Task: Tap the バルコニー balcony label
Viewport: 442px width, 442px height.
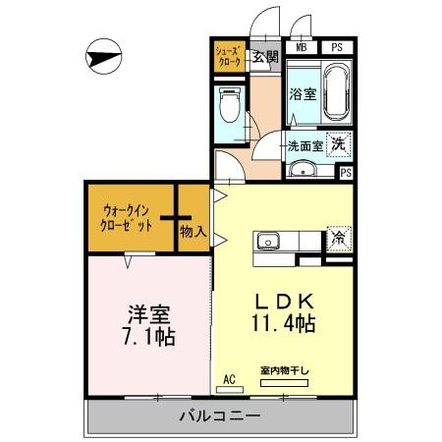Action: pyautogui.click(x=219, y=417)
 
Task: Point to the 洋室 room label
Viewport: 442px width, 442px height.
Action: pyautogui.click(x=150, y=316)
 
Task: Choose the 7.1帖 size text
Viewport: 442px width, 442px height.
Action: pyautogui.click(x=150, y=338)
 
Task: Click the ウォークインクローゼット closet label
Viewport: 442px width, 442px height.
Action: pyautogui.click(x=129, y=217)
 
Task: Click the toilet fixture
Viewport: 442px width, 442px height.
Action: pyautogui.click(x=232, y=105)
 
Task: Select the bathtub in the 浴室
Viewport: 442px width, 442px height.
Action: pyautogui.click(x=337, y=90)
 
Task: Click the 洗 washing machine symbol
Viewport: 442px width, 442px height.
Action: pyautogui.click(x=337, y=143)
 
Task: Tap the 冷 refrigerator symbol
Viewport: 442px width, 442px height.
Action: pyautogui.click(x=337, y=237)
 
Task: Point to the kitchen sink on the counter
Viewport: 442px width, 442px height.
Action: pyautogui.click(x=268, y=241)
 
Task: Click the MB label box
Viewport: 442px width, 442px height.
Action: pyautogui.click(x=301, y=47)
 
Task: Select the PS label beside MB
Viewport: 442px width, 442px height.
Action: pyautogui.click(x=337, y=47)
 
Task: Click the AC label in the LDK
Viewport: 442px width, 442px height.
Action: pyautogui.click(x=230, y=378)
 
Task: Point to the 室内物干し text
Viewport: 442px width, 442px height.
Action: pyautogui.click(x=284, y=370)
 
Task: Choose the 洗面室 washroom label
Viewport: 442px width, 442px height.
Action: pyautogui.click(x=304, y=147)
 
